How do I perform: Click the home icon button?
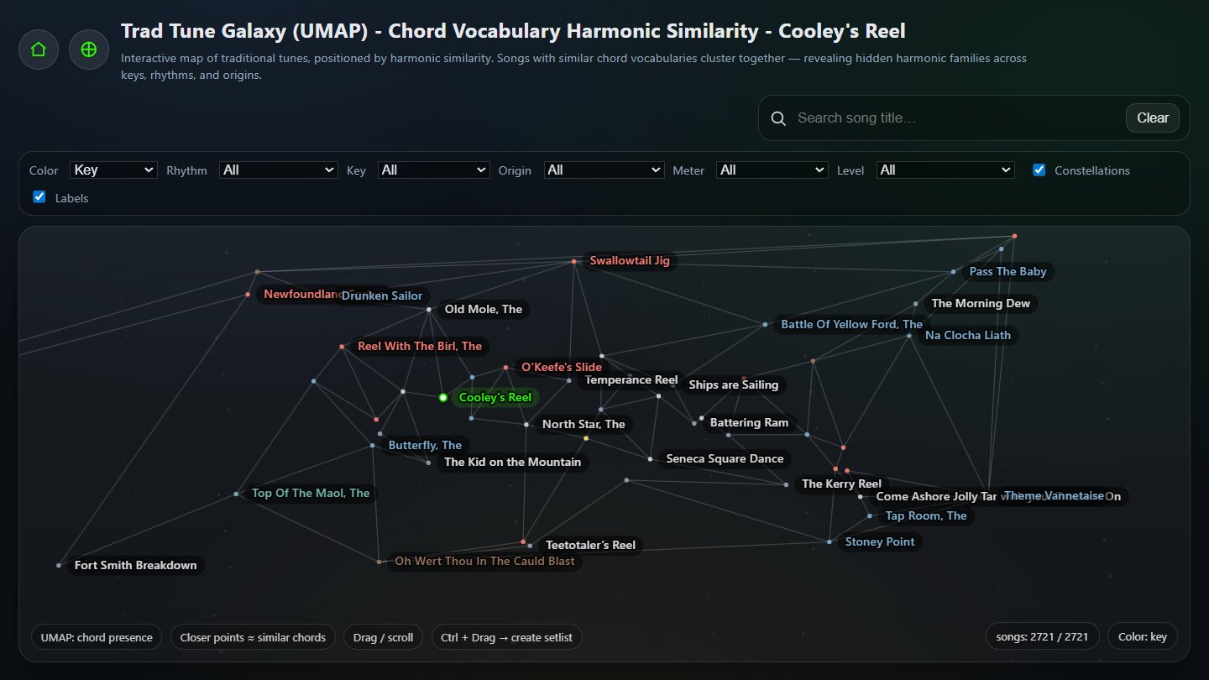coord(39,50)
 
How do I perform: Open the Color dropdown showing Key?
coord(113,170)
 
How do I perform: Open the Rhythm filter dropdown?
coord(278,170)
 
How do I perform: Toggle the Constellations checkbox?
coord(1039,170)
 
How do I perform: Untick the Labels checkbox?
coord(39,197)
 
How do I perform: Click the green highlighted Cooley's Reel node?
coord(443,397)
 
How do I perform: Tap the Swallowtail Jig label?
coord(629,261)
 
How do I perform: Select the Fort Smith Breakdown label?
coord(135,565)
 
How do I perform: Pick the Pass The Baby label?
coord(1007,271)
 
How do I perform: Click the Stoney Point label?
coord(879,541)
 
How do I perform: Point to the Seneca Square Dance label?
coord(724,458)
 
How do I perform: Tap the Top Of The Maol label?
coord(311,494)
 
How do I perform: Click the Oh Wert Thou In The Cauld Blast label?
coord(484,561)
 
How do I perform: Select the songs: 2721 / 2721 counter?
coord(1042,636)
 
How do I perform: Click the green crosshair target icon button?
coord(89,50)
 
